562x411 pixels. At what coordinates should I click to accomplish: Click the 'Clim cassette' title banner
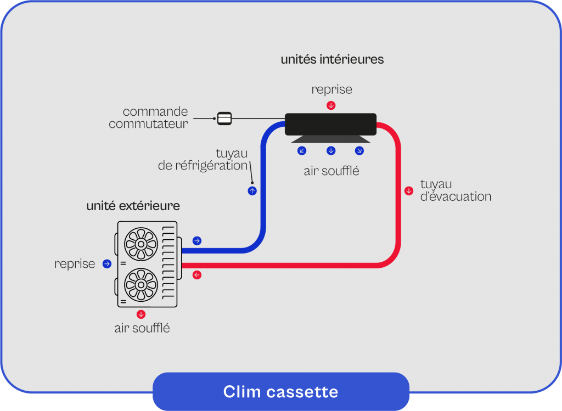click(x=280, y=392)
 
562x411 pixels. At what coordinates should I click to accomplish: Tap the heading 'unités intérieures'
click(x=332, y=59)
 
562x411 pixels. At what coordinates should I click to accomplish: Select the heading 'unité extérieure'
click(x=133, y=206)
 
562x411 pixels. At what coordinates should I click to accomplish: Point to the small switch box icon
click(x=224, y=118)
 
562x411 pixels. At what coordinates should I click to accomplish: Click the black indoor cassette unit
click(x=330, y=124)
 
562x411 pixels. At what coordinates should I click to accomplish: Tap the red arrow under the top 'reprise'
click(x=331, y=105)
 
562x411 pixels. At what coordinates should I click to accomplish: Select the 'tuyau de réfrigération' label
click(x=203, y=159)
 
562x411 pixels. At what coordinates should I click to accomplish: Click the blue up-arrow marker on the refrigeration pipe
click(x=252, y=191)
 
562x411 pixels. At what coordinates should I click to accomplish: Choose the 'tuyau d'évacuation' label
click(x=456, y=190)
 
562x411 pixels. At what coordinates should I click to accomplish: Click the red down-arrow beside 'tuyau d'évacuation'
click(x=409, y=191)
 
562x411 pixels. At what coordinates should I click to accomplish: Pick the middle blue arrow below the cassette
click(x=331, y=151)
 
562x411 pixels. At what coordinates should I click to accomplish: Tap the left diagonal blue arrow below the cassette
click(x=302, y=151)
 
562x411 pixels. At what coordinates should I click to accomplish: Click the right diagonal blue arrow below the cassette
click(x=359, y=151)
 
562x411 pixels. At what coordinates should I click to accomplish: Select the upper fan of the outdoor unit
click(x=141, y=244)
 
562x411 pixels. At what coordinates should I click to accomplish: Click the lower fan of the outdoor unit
click(x=141, y=284)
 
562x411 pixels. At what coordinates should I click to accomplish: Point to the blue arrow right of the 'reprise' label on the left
click(x=107, y=264)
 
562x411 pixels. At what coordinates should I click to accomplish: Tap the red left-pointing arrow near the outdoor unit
click(x=197, y=275)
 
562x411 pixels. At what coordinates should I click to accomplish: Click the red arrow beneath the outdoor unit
click(x=141, y=314)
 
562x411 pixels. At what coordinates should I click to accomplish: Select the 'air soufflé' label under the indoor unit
click(x=331, y=171)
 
